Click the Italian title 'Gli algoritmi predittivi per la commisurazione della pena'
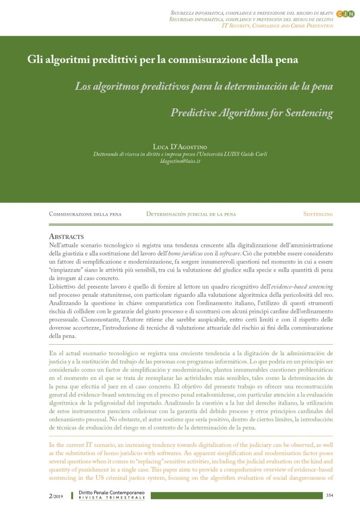tap(163, 59)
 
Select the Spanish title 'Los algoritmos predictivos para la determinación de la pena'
tap(204, 86)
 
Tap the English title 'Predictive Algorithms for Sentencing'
tap(252, 112)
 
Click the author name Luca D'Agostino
tap(179, 146)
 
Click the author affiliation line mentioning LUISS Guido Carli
tap(180, 154)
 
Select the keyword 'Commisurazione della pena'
tap(85, 214)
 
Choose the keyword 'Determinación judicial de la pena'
tap(191, 214)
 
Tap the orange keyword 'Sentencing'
tap(318, 214)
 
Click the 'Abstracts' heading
tap(66, 236)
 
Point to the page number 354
tap(330, 496)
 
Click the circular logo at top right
tap(345, 14)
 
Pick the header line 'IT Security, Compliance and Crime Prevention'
tap(277, 25)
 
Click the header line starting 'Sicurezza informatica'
tap(252, 11)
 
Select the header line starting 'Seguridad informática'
tap(252, 18)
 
